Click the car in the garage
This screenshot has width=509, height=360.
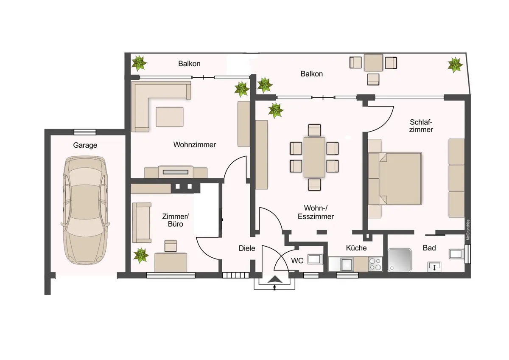85,210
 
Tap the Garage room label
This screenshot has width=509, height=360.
85,145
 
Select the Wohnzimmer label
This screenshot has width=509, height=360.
194,145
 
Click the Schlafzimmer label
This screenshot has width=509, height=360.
421,126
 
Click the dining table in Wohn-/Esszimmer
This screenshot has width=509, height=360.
314,157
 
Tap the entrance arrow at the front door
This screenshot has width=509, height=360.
274,280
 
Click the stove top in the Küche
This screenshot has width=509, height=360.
375,264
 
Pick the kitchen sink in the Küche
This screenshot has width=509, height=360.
347,264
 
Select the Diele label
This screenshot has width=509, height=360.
247,248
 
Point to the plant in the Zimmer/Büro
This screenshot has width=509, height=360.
140,256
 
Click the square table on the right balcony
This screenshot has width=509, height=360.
373,63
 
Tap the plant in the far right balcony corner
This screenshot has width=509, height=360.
455,65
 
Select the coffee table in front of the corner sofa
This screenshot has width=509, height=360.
170,117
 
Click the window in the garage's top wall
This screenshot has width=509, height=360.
84,132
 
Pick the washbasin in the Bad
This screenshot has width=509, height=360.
433,266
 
